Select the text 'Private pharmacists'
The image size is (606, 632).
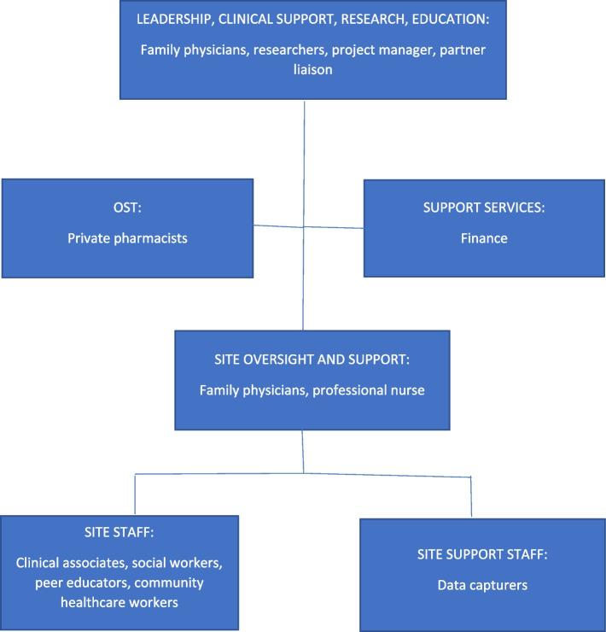(127, 238)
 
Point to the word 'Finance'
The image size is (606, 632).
(483, 238)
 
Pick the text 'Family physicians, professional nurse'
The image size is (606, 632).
(312, 390)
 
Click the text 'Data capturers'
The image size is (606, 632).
(483, 586)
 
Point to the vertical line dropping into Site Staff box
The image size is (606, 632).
(135, 494)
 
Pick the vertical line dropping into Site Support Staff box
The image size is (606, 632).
(471, 497)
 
